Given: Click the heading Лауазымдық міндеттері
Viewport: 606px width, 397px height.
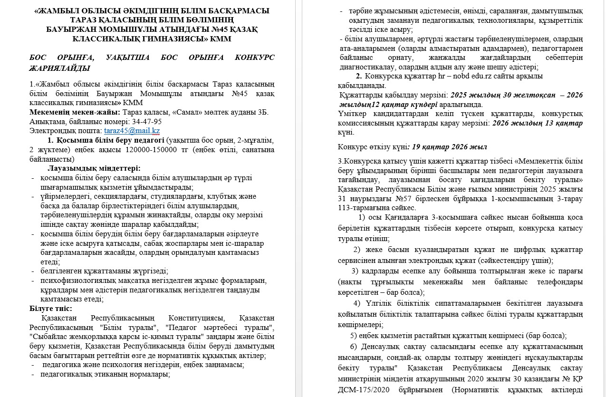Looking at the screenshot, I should [x=94, y=168].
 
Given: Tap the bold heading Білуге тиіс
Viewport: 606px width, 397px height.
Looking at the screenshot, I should [x=51, y=308].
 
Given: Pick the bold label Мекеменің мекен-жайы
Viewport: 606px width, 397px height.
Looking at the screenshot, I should [x=75, y=112].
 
